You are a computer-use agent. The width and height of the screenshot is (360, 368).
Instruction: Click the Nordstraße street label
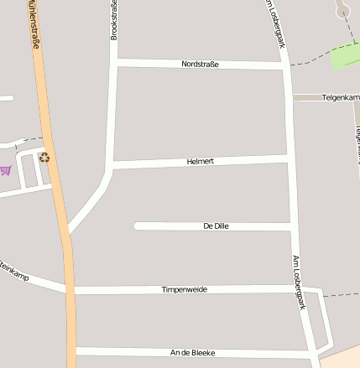[x=200, y=64]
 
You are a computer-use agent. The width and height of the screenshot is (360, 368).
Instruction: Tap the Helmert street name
[x=201, y=161]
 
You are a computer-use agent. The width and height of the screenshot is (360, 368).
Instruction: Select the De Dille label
[x=216, y=226]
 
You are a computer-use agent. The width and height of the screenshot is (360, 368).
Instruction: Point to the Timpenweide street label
[x=184, y=289]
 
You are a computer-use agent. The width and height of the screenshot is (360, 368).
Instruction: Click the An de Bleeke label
[x=192, y=353]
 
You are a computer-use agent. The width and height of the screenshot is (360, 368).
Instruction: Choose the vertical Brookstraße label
[x=114, y=20]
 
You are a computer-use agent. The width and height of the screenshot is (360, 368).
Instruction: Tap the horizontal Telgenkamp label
[x=340, y=98]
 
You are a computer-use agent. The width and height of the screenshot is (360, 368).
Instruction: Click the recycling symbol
[x=44, y=157]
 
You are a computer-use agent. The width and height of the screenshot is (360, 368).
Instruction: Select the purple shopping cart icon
[x=6, y=170]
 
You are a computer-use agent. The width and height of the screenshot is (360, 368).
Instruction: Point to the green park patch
[x=345, y=56]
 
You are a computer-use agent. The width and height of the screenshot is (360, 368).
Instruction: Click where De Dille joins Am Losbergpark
[x=291, y=226]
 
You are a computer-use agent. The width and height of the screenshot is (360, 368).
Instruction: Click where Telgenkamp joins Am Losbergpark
[x=288, y=98]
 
